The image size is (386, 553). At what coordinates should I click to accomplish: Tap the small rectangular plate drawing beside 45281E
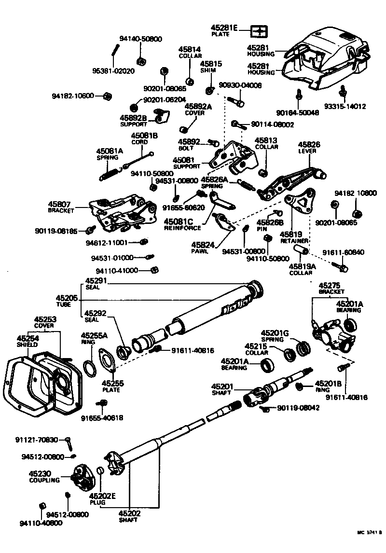[x=259, y=32]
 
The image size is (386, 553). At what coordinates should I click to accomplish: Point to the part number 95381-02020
[x=113, y=70]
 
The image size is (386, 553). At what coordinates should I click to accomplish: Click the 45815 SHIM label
[x=211, y=66]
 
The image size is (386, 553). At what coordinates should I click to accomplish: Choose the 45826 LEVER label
[x=309, y=147]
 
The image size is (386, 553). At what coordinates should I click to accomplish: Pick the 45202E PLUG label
[x=102, y=499]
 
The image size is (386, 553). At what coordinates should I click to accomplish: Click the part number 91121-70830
[x=36, y=440]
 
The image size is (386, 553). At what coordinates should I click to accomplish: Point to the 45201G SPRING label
[x=275, y=336]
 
